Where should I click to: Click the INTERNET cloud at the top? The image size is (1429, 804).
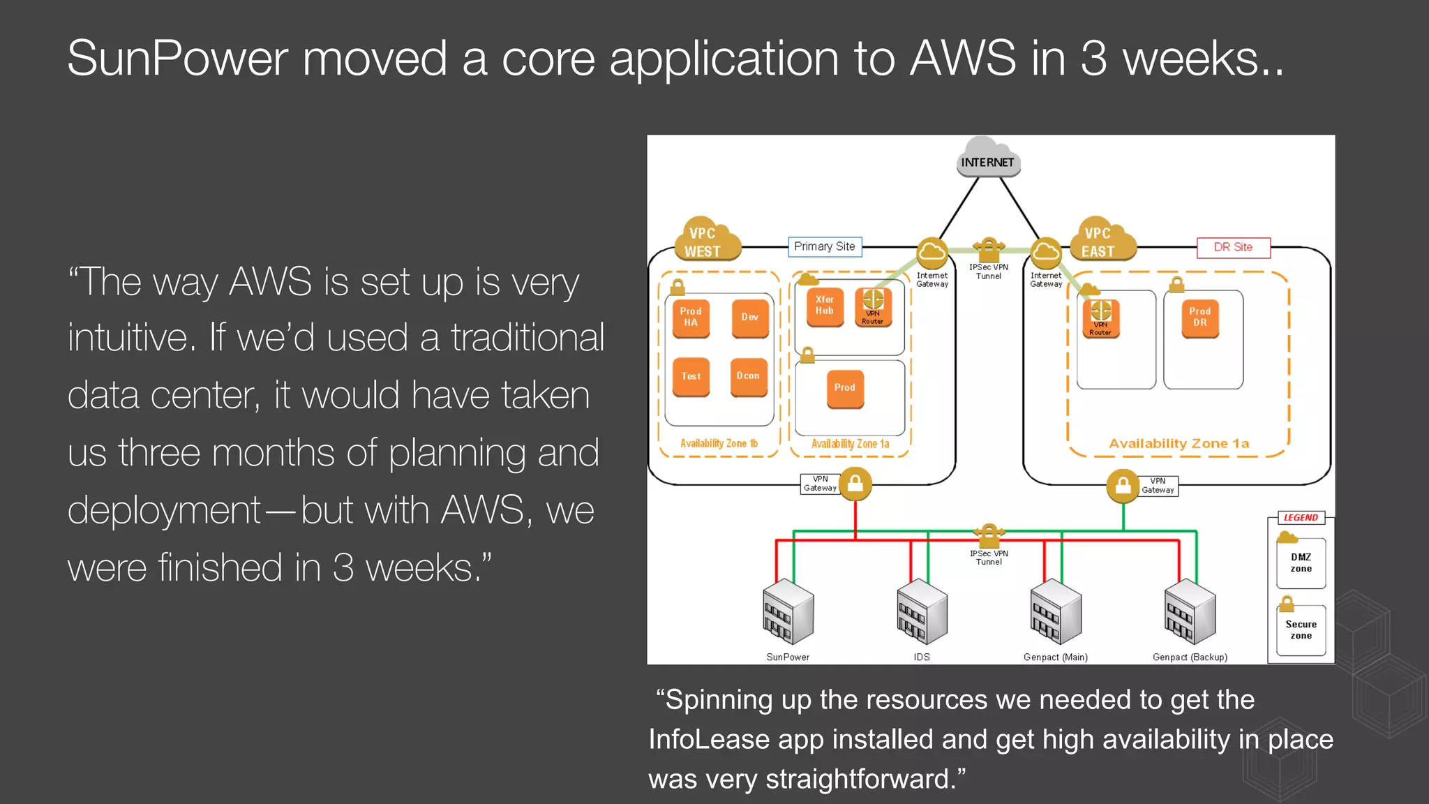click(987, 158)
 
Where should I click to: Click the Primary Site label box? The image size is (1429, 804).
click(825, 246)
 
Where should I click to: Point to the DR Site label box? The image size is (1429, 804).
click(1233, 247)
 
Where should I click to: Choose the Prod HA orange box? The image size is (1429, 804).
click(691, 318)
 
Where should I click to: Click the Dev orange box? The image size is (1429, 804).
click(750, 318)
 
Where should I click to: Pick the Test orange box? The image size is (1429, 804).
click(691, 376)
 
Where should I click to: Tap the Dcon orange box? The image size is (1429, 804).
click(748, 376)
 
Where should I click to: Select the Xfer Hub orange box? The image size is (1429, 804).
click(824, 306)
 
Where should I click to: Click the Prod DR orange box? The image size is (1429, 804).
click(1199, 318)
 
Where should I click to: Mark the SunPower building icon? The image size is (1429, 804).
click(788, 612)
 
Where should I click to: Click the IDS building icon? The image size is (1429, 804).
click(922, 612)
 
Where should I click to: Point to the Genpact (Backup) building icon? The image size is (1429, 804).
click(1190, 612)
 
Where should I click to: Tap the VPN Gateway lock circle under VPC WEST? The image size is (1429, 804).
click(855, 483)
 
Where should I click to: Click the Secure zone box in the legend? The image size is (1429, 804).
click(1301, 630)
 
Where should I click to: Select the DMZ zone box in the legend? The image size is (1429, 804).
click(1301, 563)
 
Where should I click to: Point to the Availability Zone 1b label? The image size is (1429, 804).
click(719, 443)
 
